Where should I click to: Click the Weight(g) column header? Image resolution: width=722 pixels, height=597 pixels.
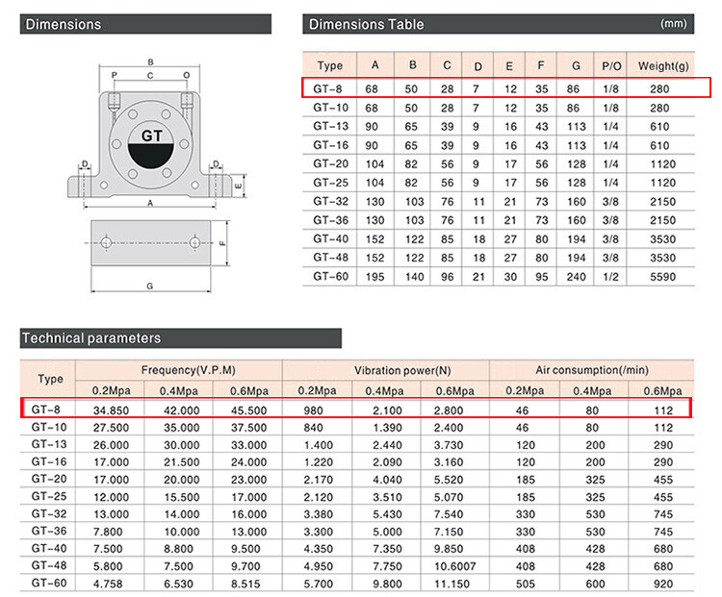pyautogui.click(x=663, y=66)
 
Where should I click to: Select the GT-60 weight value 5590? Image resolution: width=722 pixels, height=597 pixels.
pyautogui.click(x=662, y=277)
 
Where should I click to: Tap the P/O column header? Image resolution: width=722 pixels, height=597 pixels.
pyautogui.click(x=611, y=66)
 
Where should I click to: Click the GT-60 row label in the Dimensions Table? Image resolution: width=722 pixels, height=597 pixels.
pyautogui.click(x=330, y=277)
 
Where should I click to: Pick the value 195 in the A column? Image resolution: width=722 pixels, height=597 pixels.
pyautogui.click(x=374, y=277)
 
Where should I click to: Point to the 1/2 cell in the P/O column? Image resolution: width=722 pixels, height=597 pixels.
pyautogui.click(x=610, y=277)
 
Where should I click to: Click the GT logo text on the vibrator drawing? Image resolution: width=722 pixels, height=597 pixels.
pyautogui.click(x=151, y=136)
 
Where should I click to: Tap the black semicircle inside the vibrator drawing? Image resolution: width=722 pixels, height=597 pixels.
pyautogui.click(x=150, y=156)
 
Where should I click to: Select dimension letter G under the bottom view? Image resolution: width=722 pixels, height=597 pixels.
pyautogui.click(x=149, y=286)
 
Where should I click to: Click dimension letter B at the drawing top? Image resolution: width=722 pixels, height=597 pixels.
pyautogui.click(x=150, y=62)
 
